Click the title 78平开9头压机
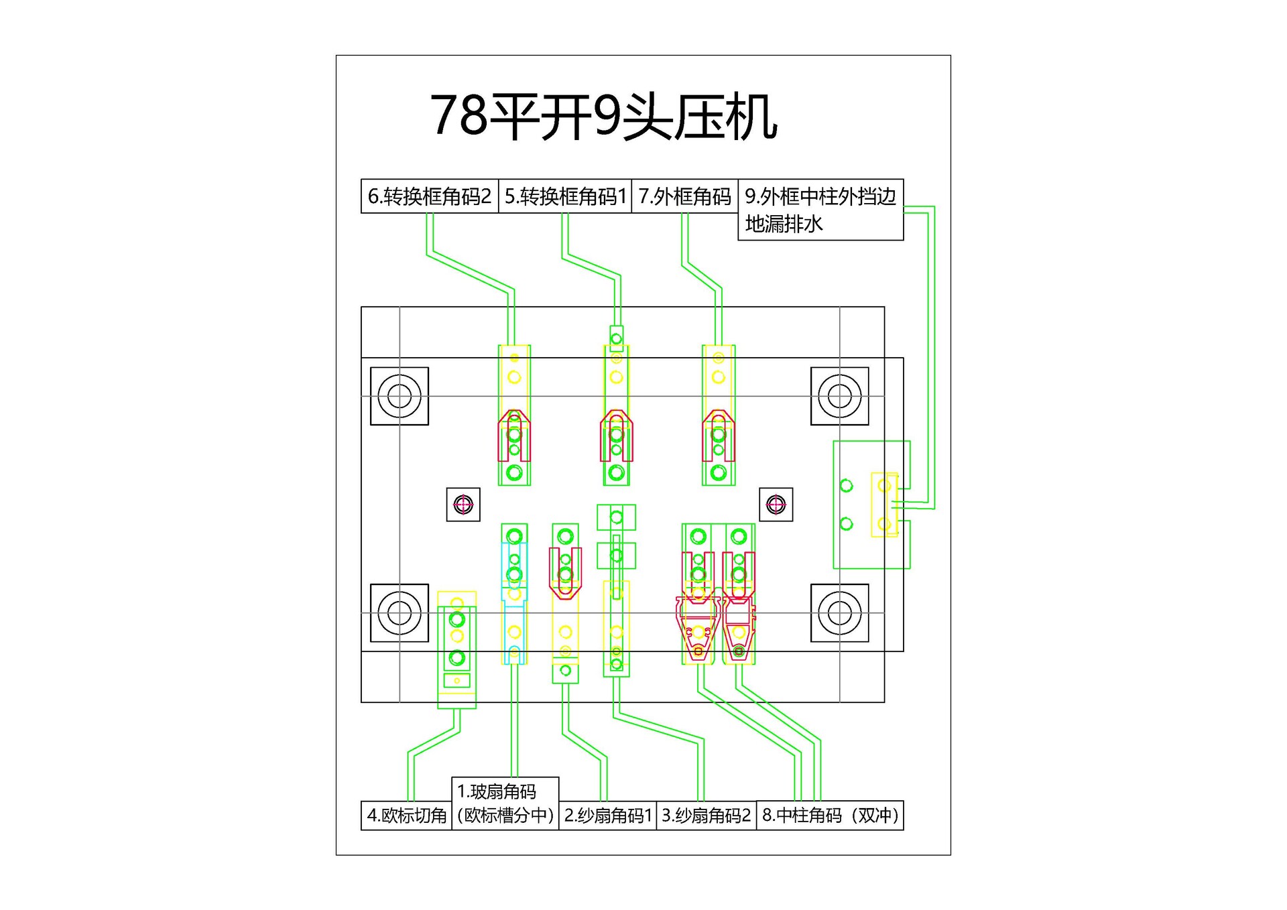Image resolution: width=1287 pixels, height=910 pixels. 603,117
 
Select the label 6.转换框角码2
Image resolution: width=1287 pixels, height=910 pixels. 429,196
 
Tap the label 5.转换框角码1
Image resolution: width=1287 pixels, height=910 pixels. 565,196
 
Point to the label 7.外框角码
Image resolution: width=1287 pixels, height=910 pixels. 684,196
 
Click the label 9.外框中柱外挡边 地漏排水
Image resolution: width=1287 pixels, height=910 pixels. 820,209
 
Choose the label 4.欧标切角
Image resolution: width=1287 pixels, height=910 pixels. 406,816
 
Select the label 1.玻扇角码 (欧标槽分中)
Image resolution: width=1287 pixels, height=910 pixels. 505,803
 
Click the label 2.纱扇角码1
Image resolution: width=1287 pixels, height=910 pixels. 607,816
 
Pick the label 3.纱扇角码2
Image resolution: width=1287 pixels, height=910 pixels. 706,816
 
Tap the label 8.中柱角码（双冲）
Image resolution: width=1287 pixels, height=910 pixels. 829,816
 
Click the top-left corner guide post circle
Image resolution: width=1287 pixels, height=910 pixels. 400,396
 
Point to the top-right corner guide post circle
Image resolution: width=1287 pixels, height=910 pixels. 840,396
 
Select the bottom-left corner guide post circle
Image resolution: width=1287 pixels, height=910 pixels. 400,613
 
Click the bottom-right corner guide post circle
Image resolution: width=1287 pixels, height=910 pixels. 840,613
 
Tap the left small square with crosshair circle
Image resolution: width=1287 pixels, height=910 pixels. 463,505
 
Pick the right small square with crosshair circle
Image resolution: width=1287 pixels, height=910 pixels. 776,505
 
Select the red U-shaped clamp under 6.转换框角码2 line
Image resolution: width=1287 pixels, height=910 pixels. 514,436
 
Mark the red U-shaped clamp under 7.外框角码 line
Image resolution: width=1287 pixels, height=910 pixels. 719,436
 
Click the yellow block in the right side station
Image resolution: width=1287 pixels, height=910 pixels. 884,505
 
